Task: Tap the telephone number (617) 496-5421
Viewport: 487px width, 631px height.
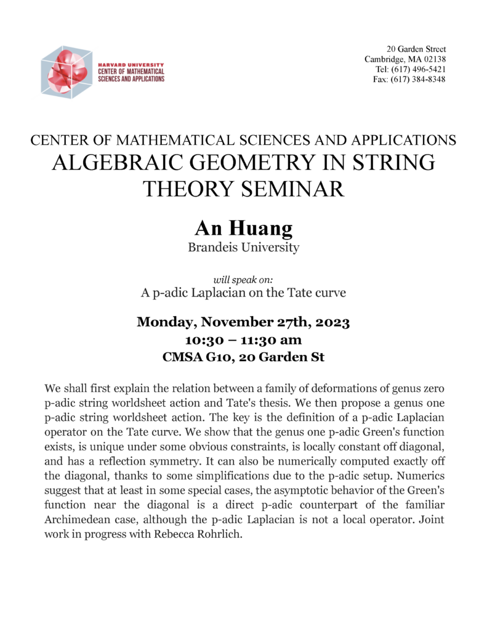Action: click(x=419, y=69)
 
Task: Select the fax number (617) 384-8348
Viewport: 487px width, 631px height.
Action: click(x=419, y=79)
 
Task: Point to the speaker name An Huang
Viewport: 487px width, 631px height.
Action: click(x=243, y=229)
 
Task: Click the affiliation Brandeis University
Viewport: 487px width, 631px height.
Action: click(x=243, y=248)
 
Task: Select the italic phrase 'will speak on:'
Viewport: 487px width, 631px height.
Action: click(x=243, y=279)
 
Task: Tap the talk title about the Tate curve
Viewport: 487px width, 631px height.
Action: click(x=243, y=293)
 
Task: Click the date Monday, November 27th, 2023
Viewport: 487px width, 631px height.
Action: click(x=243, y=322)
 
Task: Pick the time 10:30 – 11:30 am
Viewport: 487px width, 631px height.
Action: click(x=243, y=340)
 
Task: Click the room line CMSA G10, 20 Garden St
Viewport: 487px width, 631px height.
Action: click(x=243, y=357)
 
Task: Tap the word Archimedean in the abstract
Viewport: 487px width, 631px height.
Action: click(x=78, y=519)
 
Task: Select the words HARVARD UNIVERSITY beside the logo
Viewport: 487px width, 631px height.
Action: click(x=131, y=64)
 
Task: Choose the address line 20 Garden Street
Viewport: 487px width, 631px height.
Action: click(x=416, y=49)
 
